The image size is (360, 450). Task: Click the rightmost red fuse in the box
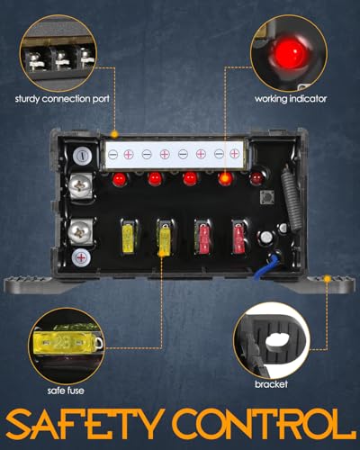click(x=238, y=237)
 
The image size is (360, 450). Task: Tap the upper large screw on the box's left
click(x=79, y=187)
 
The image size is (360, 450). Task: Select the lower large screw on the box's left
click(x=79, y=230)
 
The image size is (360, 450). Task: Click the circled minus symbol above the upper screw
click(x=82, y=156)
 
